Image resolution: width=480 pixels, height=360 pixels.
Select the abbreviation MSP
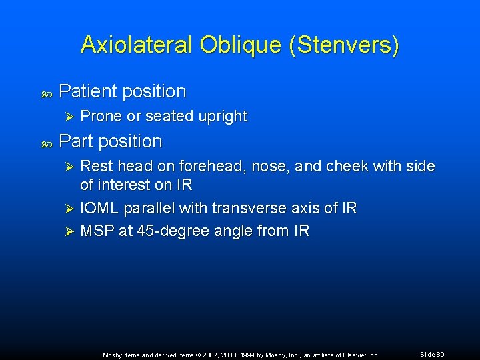point(97,231)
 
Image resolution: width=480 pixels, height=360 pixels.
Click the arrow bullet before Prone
point(70,117)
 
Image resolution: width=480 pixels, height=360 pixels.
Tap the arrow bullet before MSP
point(70,231)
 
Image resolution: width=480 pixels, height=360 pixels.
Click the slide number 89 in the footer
point(440,354)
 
